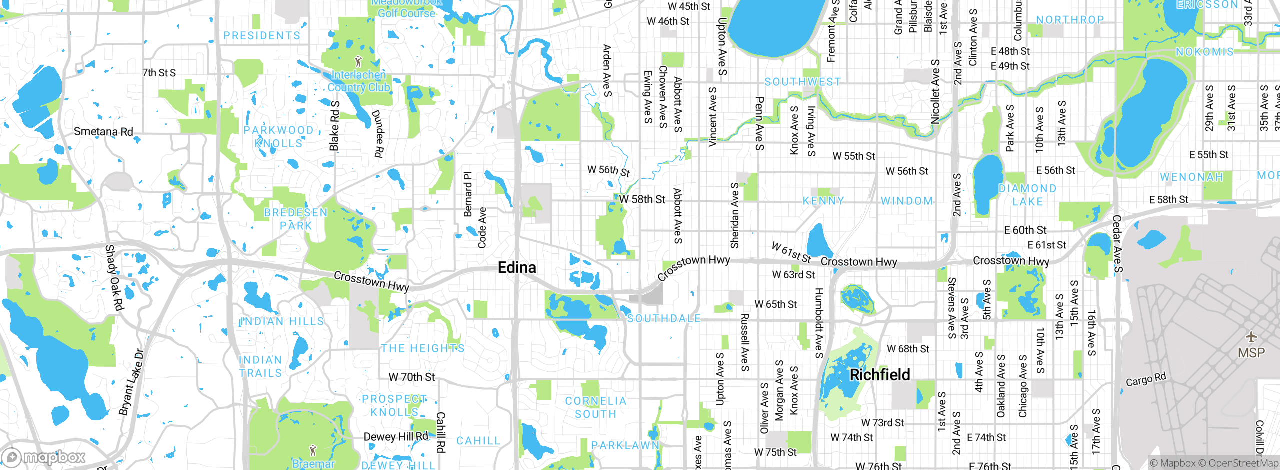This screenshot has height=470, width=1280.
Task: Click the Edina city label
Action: [x=517, y=268]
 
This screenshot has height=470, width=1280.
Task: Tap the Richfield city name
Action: [x=880, y=375]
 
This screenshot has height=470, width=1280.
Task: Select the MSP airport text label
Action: [x=1251, y=353]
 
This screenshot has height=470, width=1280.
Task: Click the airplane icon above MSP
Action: [x=1251, y=337]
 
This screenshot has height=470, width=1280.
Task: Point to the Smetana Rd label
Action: [x=103, y=132]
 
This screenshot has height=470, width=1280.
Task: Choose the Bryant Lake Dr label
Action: [x=131, y=382]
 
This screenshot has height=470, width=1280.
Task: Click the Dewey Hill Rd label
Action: [x=396, y=437]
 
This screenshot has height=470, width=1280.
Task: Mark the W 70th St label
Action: [x=412, y=377]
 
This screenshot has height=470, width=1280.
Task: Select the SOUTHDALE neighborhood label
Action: [x=664, y=318]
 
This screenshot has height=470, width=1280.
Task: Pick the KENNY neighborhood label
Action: [x=823, y=201]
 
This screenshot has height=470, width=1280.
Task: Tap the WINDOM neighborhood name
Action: [x=907, y=201]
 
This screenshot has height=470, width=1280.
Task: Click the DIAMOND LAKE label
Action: [x=1027, y=195]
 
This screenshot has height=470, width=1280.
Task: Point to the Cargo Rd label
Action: [x=1145, y=379]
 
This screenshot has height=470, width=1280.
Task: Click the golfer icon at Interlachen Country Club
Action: [x=358, y=62]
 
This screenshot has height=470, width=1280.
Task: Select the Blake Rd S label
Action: [x=334, y=126]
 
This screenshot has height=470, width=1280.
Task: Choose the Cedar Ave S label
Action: [x=1118, y=244]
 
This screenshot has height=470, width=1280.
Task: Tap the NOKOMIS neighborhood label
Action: [x=1204, y=52]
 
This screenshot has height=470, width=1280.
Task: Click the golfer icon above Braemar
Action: [x=313, y=450]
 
